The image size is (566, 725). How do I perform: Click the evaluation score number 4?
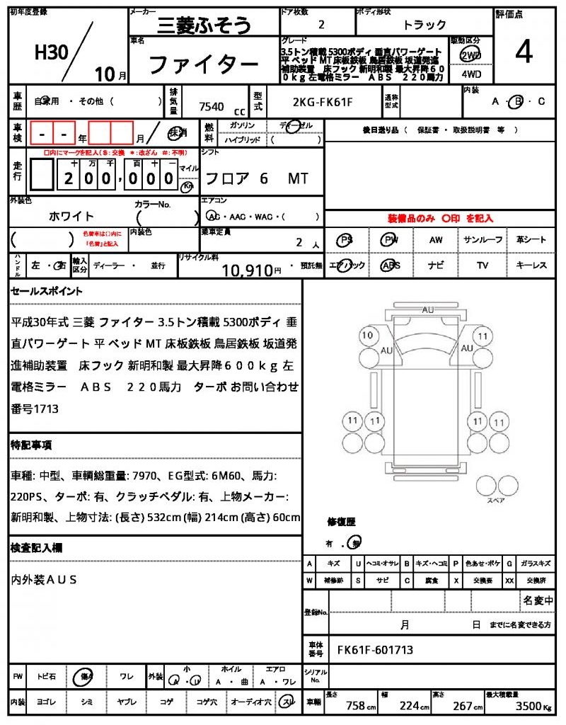(x=524, y=52)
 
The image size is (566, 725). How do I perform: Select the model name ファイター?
(x=202, y=65)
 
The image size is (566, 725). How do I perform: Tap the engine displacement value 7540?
(x=212, y=107)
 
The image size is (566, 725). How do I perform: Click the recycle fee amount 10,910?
(x=247, y=269)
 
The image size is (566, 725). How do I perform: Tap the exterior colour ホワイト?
(x=71, y=216)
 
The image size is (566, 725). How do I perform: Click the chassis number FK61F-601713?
(x=375, y=650)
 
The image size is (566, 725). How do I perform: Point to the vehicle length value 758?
(x=355, y=706)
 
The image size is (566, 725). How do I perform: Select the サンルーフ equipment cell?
(x=483, y=240)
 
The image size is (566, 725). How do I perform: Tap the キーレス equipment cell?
(x=531, y=266)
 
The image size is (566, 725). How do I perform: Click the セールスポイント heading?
(x=47, y=291)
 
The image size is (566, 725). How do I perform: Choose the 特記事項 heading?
(x=31, y=445)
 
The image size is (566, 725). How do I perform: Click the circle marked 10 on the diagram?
(x=366, y=335)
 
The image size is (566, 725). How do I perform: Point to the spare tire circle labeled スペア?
(x=490, y=486)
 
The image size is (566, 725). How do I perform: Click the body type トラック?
(x=424, y=25)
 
